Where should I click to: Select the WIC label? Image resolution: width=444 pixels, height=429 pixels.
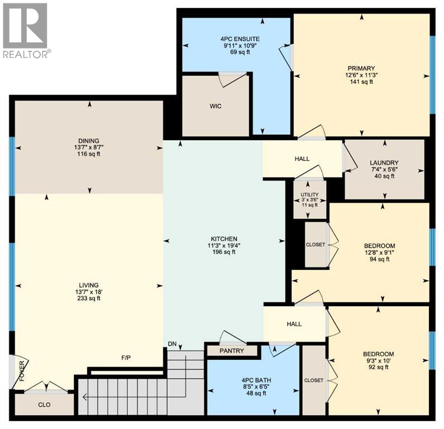tap(216, 106)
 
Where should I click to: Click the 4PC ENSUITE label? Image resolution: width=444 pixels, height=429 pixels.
tap(240, 39)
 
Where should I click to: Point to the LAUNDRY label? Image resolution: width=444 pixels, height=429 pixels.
tap(384, 163)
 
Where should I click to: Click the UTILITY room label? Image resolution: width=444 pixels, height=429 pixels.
tap(309, 194)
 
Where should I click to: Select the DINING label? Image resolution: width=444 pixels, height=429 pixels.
tap(88, 140)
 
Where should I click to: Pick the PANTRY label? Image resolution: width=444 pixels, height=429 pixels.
tap(232, 351)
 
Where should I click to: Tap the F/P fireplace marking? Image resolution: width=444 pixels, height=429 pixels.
tap(126, 357)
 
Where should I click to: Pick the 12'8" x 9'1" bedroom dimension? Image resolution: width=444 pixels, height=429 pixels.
tap(379, 252)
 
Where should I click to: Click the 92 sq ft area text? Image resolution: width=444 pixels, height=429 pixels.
tap(378, 368)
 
